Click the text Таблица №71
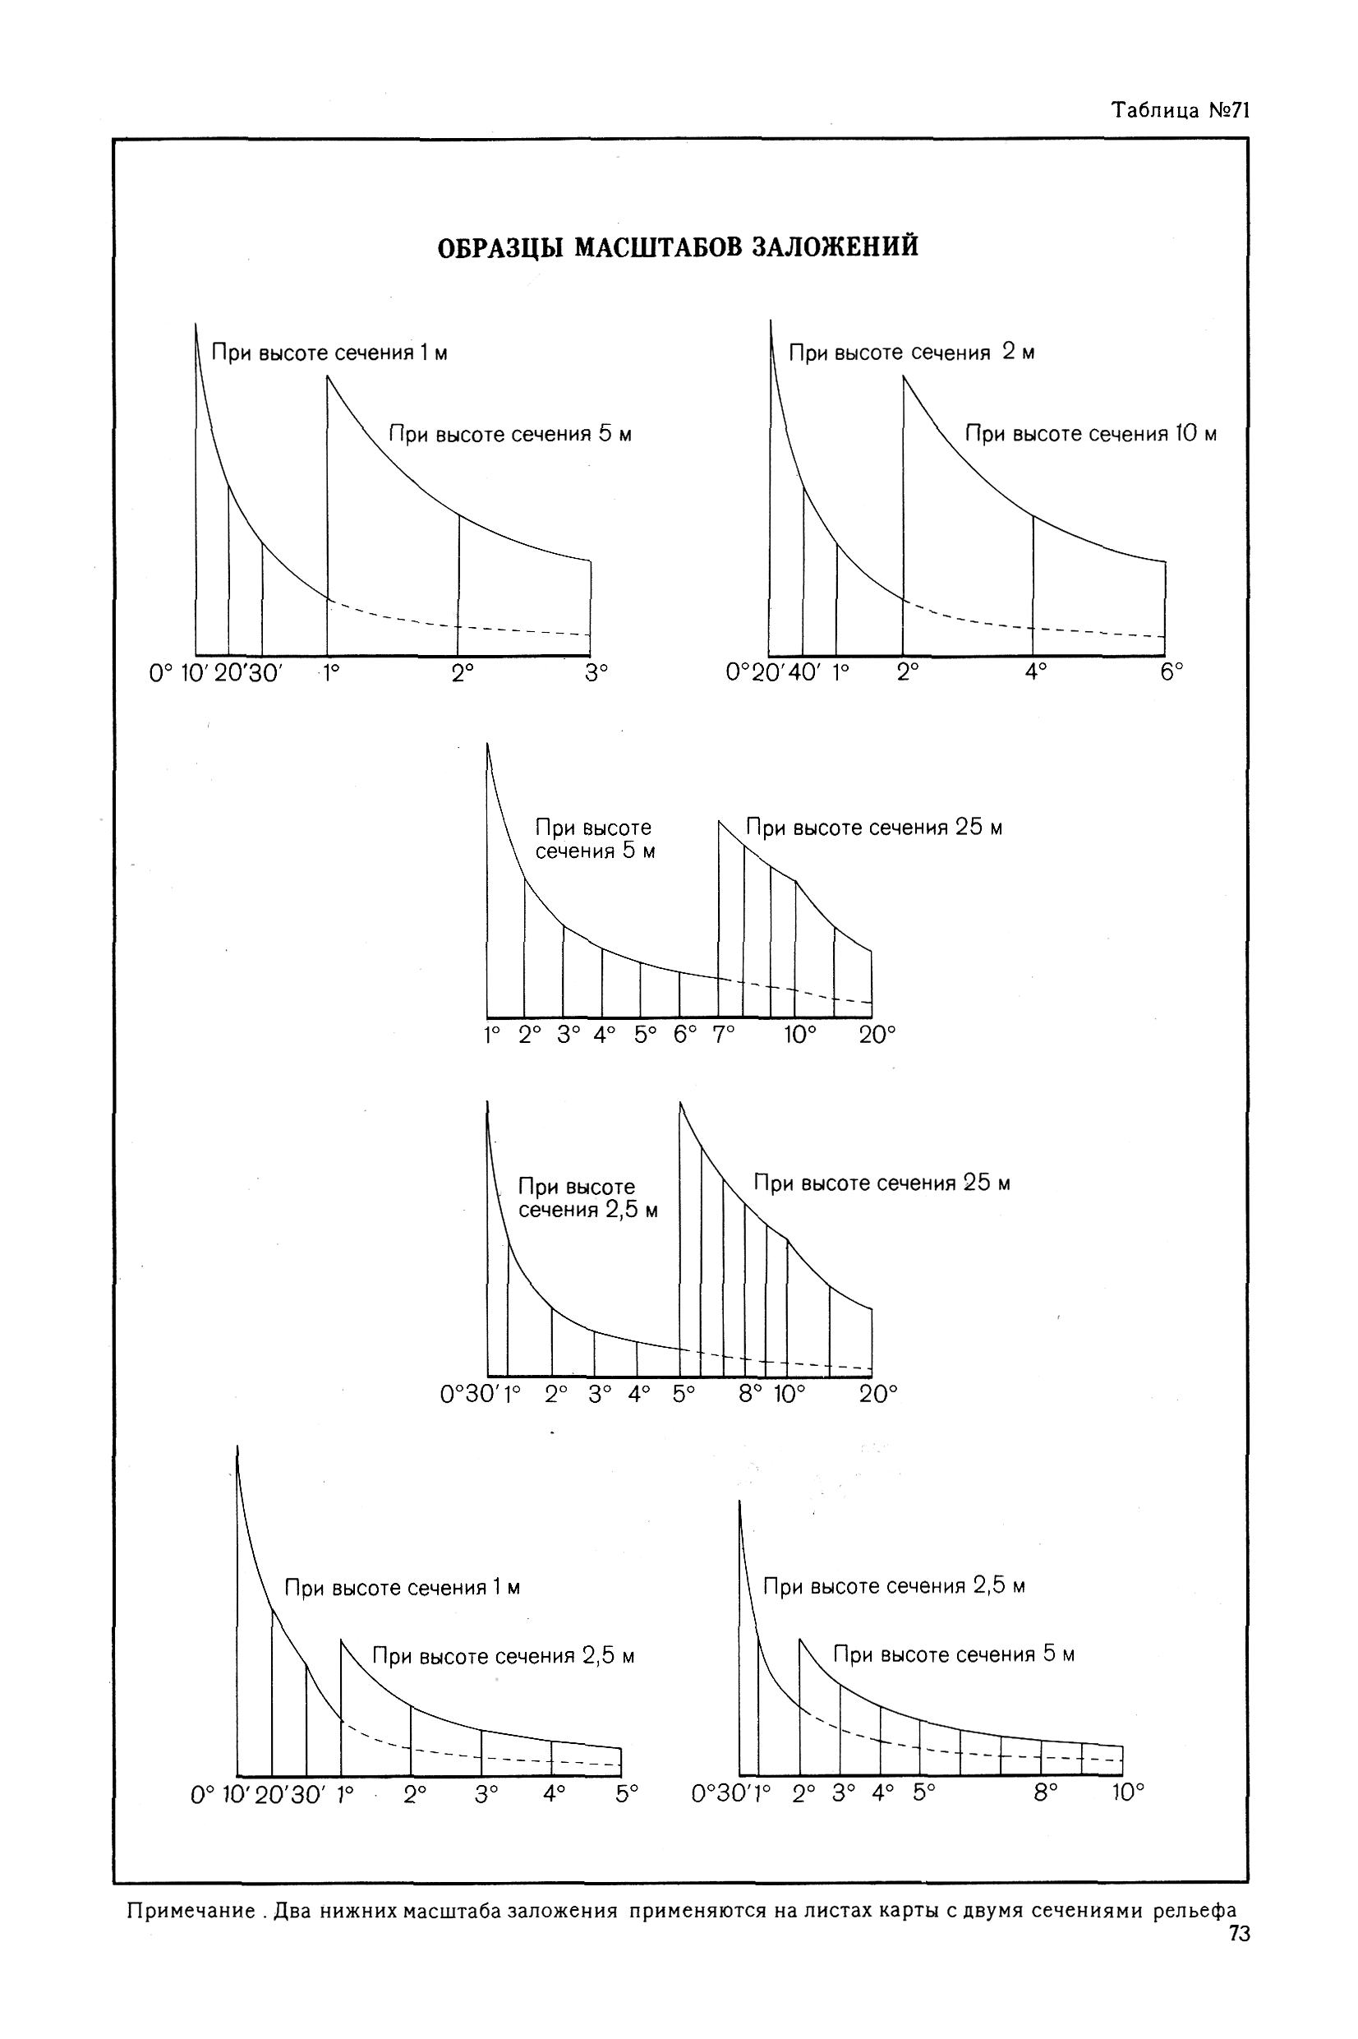(x=1180, y=110)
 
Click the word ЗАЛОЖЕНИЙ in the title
(x=834, y=247)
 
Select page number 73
(x=1240, y=1934)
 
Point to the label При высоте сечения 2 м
(x=911, y=353)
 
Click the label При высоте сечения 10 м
(x=1090, y=434)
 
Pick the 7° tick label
(x=723, y=1034)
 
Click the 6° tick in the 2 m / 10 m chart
(x=1172, y=673)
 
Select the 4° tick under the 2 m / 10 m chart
(x=1036, y=673)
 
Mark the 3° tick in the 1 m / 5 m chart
(x=596, y=674)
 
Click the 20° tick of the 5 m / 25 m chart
(x=877, y=1034)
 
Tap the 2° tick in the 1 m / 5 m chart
(x=463, y=674)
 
